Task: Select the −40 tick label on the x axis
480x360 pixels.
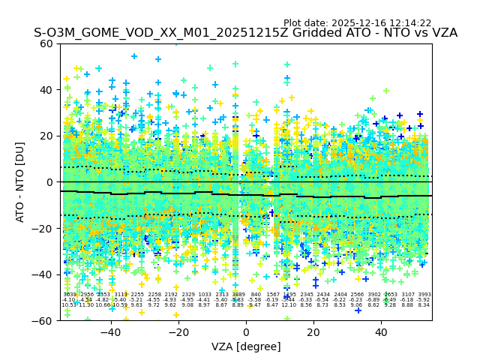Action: coord(110,332)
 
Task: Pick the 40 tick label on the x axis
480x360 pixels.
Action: coord(381,332)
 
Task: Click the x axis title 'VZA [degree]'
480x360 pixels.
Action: coord(246,346)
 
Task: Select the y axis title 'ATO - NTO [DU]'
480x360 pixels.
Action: coord(21,182)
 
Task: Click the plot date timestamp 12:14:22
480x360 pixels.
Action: coord(410,23)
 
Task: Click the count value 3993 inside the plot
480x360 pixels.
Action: coord(424,295)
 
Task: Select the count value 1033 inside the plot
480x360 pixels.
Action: coord(205,295)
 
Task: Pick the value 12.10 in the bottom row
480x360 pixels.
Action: coord(289,305)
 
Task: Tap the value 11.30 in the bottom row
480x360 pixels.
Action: coord(86,305)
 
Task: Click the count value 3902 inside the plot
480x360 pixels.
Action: coord(373,295)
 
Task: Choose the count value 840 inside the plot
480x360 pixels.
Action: coord(256,295)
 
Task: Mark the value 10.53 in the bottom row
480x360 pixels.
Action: coord(69,305)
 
